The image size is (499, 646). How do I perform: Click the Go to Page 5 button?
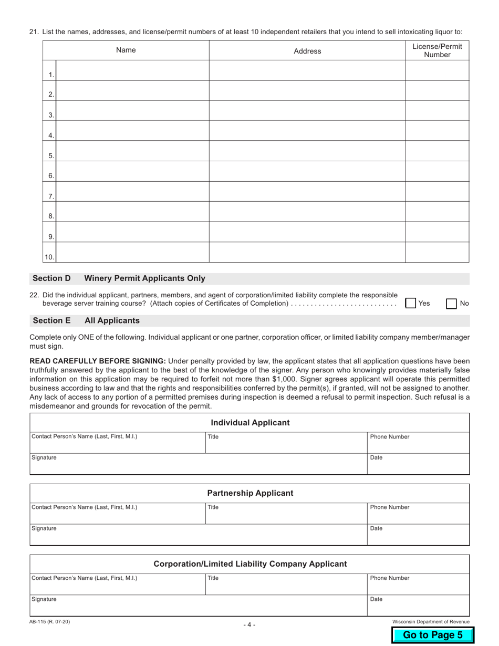[433, 635]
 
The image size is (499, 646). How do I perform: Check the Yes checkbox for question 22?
[411, 303]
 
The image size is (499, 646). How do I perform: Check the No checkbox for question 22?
[451, 303]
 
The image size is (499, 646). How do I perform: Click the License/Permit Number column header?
[437, 50]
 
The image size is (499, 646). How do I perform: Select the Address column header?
[307, 51]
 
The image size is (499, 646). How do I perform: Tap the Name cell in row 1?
[132, 70]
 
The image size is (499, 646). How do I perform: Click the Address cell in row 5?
[307, 151]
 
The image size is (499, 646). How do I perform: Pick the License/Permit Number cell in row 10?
[437, 253]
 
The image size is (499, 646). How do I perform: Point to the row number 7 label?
[51, 196]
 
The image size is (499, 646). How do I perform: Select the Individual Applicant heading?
[250, 423]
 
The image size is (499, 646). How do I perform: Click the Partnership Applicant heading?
[250, 493]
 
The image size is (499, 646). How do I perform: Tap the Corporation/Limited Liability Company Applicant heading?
[250, 564]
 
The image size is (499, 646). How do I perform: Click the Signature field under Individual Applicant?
[199, 464]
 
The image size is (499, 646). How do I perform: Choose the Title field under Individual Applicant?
[286, 443]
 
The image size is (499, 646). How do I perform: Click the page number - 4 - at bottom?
[250, 625]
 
